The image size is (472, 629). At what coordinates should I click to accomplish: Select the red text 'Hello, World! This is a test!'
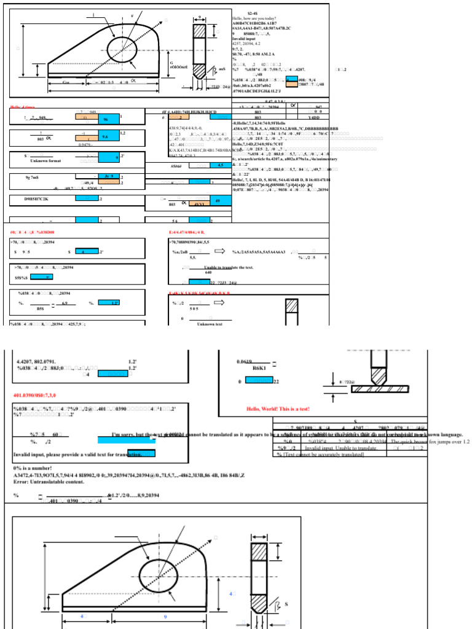pyautogui.click(x=278, y=408)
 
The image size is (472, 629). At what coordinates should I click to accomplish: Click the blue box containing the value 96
pyautogui.click(x=106, y=119)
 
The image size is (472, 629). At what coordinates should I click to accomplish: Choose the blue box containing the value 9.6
pyautogui.click(x=104, y=137)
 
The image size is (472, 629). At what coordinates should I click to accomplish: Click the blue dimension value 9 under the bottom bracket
pyautogui.click(x=164, y=615)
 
